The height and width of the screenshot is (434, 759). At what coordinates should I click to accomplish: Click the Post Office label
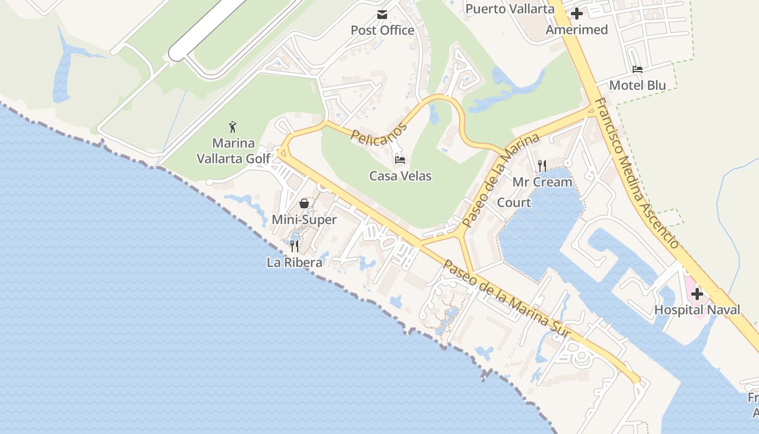click(382, 30)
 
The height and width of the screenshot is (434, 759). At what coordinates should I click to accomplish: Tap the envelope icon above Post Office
click(382, 14)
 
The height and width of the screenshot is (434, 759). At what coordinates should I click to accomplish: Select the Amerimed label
click(576, 30)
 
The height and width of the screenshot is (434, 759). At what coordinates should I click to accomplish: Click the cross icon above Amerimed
click(577, 14)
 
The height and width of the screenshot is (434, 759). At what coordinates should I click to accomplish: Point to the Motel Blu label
click(638, 85)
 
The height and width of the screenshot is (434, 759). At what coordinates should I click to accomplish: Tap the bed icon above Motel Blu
click(638, 69)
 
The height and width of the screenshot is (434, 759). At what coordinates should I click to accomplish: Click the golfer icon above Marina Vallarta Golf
click(233, 127)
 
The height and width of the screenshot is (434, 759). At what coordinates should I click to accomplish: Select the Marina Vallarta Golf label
click(233, 151)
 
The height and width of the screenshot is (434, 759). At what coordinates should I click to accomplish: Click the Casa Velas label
click(400, 176)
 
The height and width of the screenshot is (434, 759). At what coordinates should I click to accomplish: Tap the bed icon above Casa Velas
click(400, 159)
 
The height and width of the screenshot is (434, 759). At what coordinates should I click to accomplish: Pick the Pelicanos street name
click(378, 133)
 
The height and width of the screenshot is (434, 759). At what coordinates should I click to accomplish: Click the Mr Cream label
click(542, 182)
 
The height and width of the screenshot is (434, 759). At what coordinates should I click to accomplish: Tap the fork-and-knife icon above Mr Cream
click(542, 166)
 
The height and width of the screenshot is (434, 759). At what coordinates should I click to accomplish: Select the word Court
click(513, 202)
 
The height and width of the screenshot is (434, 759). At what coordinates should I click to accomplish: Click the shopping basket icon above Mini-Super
click(304, 203)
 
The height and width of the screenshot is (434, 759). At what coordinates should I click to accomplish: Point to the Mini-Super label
click(304, 220)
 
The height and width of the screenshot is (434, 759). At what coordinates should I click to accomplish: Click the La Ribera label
click(294, 263)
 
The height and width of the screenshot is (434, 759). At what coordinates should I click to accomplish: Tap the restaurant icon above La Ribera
click(294, 246)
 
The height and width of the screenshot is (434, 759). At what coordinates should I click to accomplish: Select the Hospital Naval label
click(697, 310)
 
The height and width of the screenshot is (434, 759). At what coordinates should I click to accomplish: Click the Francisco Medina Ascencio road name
click(636, 173)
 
